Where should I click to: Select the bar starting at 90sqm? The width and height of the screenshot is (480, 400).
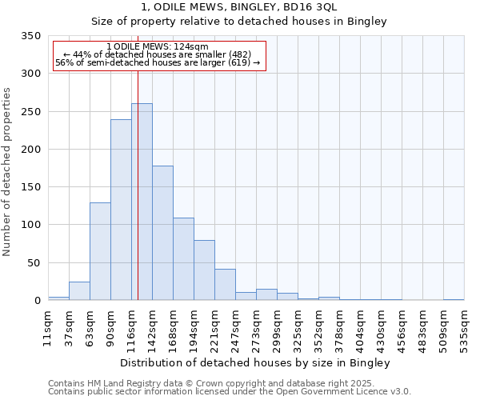(121, 210)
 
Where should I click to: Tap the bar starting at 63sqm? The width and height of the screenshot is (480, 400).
(100, 251)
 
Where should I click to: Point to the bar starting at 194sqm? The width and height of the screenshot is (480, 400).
(204, 270)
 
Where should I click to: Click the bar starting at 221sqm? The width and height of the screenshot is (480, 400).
(225, 285)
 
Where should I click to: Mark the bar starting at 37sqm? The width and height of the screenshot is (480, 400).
(79, 291)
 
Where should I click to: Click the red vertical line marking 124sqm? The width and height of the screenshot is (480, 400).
(138, 160)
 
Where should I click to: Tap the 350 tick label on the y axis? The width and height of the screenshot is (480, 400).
(30, 36)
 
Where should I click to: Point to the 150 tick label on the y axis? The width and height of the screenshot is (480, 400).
(30, 187)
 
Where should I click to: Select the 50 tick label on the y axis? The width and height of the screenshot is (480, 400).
(33, 263)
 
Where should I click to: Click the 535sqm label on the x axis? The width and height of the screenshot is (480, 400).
(464, 327)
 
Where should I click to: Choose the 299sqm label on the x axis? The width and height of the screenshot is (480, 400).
(277, 327)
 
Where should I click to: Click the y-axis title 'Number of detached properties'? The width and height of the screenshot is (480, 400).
(7, 173)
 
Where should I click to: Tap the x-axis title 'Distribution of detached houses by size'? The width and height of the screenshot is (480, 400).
(256, 363)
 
